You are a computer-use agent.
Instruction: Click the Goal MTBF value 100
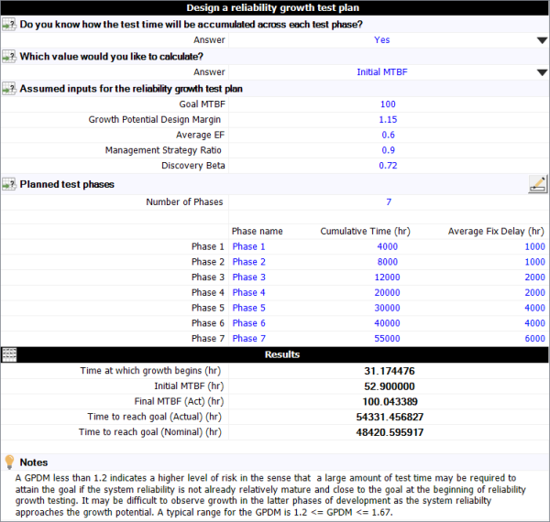388,104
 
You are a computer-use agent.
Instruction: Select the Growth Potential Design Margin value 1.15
388,120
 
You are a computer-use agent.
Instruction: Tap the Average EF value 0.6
388,136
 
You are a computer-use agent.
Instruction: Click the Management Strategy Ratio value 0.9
388,150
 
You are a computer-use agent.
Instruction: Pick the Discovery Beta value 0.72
388,166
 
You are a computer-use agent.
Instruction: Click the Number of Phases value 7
388,201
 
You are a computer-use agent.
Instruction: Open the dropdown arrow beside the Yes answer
541,40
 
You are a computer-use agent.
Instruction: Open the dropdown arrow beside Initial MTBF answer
541,72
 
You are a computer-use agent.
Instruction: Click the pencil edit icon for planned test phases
538,183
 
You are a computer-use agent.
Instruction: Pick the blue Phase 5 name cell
248,308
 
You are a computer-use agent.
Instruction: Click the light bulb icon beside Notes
10,462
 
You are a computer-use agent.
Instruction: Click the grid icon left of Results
9,354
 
